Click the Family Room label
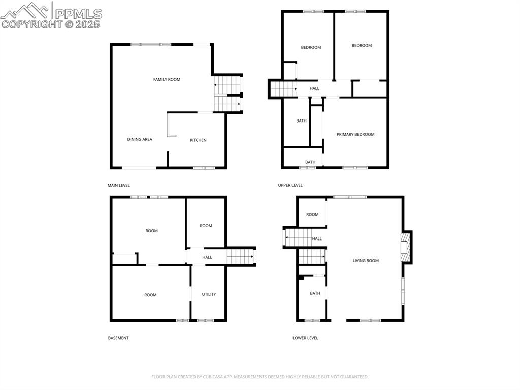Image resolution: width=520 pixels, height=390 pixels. (167, 79)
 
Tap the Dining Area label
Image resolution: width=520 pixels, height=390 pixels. (140, 139)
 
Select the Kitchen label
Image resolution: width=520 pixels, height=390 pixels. (198, 140)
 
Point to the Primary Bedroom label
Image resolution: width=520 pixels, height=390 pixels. (355, 134)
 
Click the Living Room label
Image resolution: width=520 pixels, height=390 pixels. (366, 261)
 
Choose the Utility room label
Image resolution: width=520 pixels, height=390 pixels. (209, 294)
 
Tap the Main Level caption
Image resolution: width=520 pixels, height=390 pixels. (119, 185)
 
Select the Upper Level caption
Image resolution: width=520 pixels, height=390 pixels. (290, 185)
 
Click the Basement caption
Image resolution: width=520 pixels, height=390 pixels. (118, 338)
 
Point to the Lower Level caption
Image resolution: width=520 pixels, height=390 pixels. (305, 338)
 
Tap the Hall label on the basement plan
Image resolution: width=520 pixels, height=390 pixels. (207, 257)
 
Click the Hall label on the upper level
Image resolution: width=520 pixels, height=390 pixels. (314, 88)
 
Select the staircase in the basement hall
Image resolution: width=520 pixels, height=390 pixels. (240, 256)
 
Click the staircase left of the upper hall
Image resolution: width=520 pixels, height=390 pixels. (283, 88)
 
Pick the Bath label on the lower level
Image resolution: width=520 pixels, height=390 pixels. (315, 293)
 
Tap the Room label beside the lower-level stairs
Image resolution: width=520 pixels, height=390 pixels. (312, 214)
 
